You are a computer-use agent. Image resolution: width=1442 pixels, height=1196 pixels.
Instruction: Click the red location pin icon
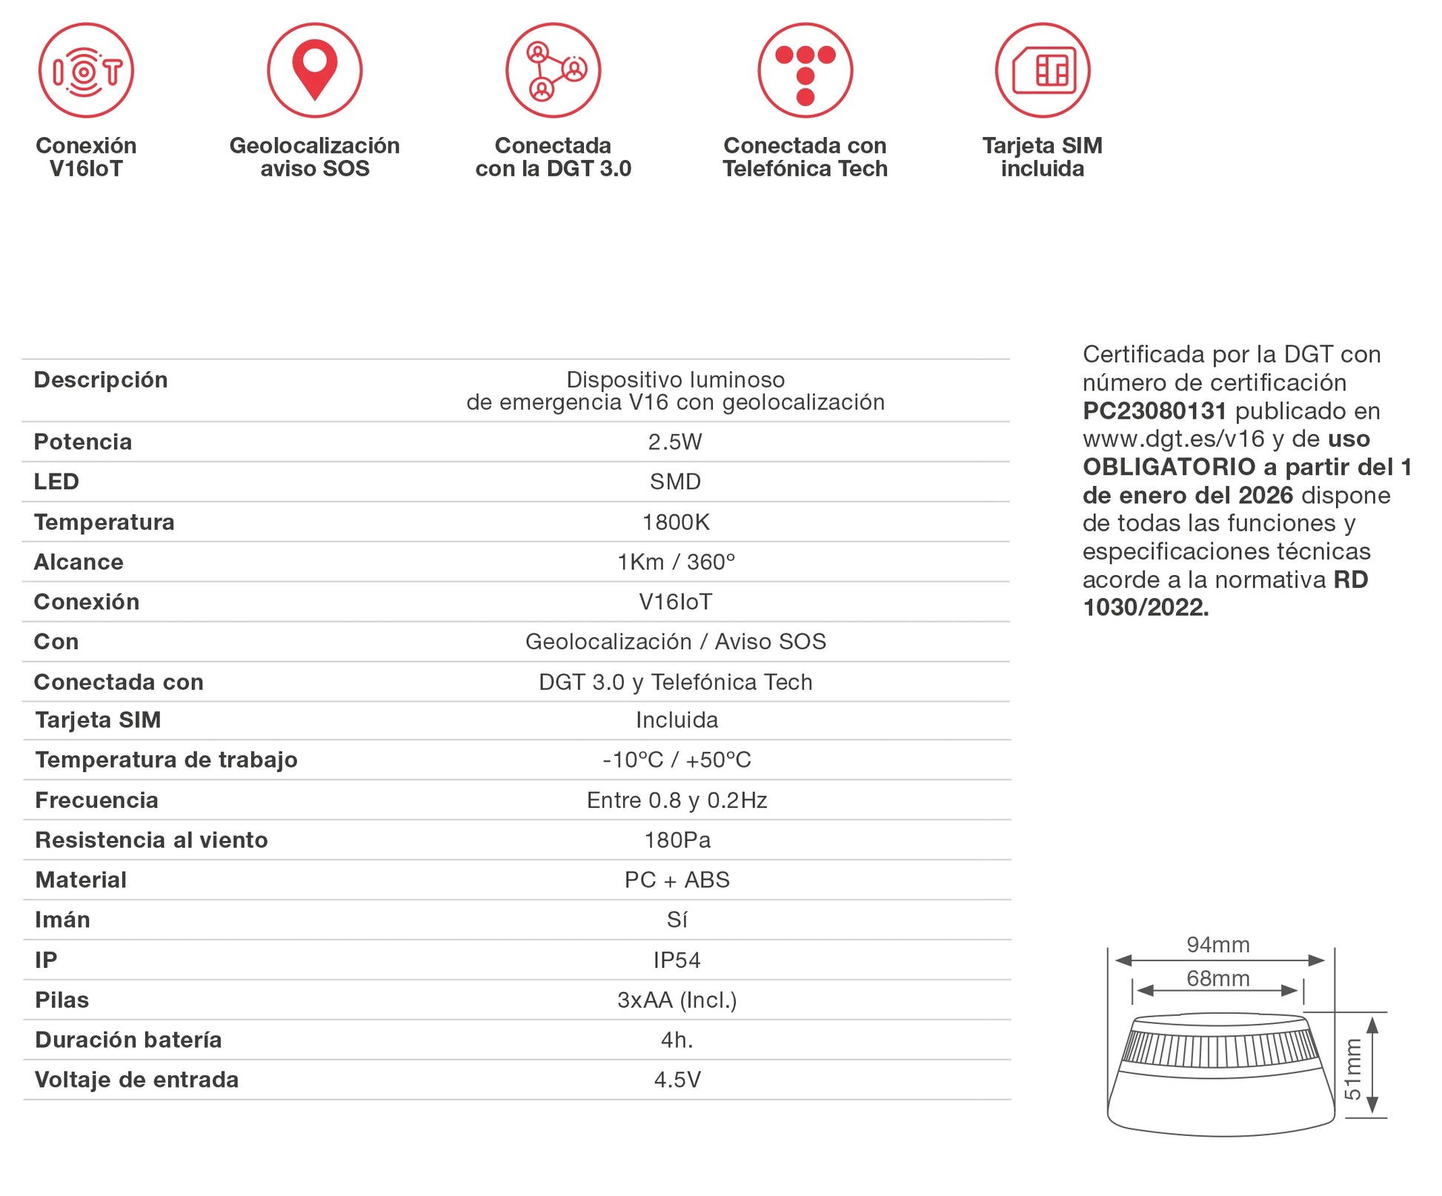314,70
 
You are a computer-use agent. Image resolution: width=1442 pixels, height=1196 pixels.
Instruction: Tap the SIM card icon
1042,70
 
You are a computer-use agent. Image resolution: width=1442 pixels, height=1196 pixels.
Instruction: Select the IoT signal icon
86,70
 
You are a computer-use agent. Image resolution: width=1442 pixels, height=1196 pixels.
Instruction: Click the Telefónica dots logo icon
805,70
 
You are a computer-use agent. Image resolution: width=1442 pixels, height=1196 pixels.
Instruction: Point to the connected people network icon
553,70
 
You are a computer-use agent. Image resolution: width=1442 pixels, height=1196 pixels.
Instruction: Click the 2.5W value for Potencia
674,442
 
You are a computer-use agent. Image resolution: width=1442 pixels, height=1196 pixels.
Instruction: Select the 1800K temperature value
675,522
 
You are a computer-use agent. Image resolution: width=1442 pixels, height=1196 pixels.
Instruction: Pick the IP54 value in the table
676,960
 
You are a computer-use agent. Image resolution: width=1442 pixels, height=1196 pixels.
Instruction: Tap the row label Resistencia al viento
151,840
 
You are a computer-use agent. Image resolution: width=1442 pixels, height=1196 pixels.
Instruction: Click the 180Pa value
677,840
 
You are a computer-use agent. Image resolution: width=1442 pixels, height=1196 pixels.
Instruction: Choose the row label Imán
62,920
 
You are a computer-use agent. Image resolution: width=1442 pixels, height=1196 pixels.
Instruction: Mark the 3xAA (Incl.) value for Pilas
677,1000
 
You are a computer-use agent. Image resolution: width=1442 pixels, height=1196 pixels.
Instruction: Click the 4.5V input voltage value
677,1080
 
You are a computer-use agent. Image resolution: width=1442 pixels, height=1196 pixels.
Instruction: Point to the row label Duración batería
128,1040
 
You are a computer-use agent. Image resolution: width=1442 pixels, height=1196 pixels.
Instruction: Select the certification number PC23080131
1154,411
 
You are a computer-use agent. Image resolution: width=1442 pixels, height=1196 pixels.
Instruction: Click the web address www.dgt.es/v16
1174,439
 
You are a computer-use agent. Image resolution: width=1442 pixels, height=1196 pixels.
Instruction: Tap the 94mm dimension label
1217,945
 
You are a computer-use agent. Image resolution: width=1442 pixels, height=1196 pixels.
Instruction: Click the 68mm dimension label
1217,978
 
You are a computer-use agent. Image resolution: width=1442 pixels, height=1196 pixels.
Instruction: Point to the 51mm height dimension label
1352,1069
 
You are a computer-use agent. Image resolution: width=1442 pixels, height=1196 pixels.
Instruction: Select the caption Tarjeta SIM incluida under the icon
1042,157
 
